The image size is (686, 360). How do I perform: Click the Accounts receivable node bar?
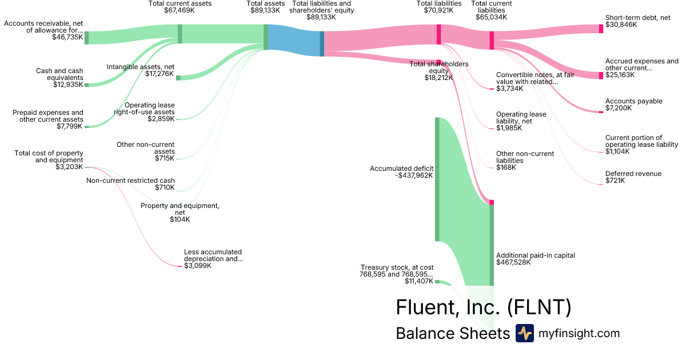(x=86, y=38)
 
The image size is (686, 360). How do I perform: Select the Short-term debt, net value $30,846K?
(x=621, y=25)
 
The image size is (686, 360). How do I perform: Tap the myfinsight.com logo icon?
(x=524, y=333)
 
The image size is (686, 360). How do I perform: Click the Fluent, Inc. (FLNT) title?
(x=483, y=307)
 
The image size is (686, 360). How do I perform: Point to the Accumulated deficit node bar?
(x=437, y=179)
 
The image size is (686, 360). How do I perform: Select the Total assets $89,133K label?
(x=265, y=7)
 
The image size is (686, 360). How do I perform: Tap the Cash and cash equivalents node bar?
(x=87, y=85)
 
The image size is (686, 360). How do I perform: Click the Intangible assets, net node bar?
(x=178, y=78)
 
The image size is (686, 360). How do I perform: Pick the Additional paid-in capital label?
(x=536, y=255)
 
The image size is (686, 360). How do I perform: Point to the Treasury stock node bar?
(x=437, y=281)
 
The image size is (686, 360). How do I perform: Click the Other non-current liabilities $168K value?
(x=506, y=167)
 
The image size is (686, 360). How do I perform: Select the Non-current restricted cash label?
(x=130, y=181)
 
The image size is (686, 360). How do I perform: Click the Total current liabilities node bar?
(x=492, y=40)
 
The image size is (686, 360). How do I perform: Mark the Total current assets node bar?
(x=180, y=34)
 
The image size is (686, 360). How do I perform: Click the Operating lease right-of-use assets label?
(x=149, y=109)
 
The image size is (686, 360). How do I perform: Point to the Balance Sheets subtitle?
(x=452, y=334)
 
